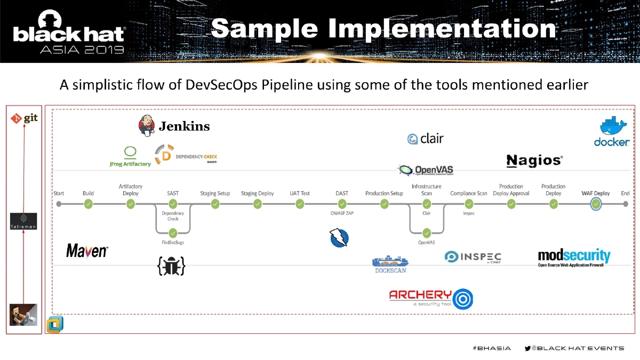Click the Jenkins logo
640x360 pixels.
tap(174, 126)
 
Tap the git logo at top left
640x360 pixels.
tap(25, 118)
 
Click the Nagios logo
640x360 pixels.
tap(534, 161)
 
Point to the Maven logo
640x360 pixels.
tap(87, 251)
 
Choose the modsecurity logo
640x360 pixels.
tap(574, 258)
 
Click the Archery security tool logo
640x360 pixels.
tap(430, 298)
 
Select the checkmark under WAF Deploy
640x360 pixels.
tap(596, 204)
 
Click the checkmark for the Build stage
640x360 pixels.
tap(89, 204)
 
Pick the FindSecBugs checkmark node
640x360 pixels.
tap(173, 233)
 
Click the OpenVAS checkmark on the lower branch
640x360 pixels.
tap(427, 233)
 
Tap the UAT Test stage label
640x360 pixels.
tap(299, 193)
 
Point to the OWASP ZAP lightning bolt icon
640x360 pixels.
tap(339, 237)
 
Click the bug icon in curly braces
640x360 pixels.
tap(171, 266)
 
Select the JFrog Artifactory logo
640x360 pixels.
tap(130, 156)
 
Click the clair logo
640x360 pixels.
tap(425, 139)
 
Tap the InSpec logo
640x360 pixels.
tap(473, 257)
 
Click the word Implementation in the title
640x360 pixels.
tap(442, 29)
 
